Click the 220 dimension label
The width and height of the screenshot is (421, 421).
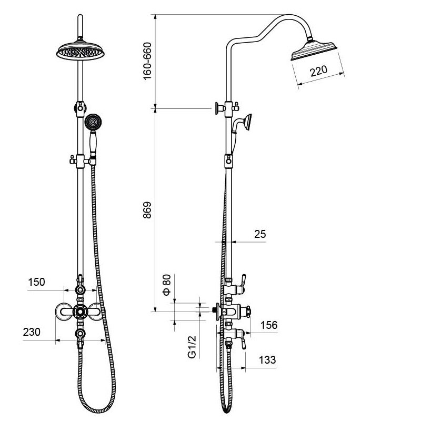click(319, 71)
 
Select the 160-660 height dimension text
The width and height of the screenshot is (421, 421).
click(147, 61)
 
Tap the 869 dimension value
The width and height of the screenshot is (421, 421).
click(147, 210)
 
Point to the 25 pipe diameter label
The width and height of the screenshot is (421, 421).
click(260, 234)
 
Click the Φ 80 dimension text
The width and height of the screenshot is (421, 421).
click(167, 285)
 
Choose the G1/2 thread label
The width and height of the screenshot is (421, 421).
click(192, 347)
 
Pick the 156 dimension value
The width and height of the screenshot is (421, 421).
click(269, 325)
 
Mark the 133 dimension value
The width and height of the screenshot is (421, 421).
click(267, 359)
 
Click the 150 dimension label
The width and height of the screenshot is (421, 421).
click(36, 282)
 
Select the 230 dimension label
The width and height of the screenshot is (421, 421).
click(32, 332)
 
